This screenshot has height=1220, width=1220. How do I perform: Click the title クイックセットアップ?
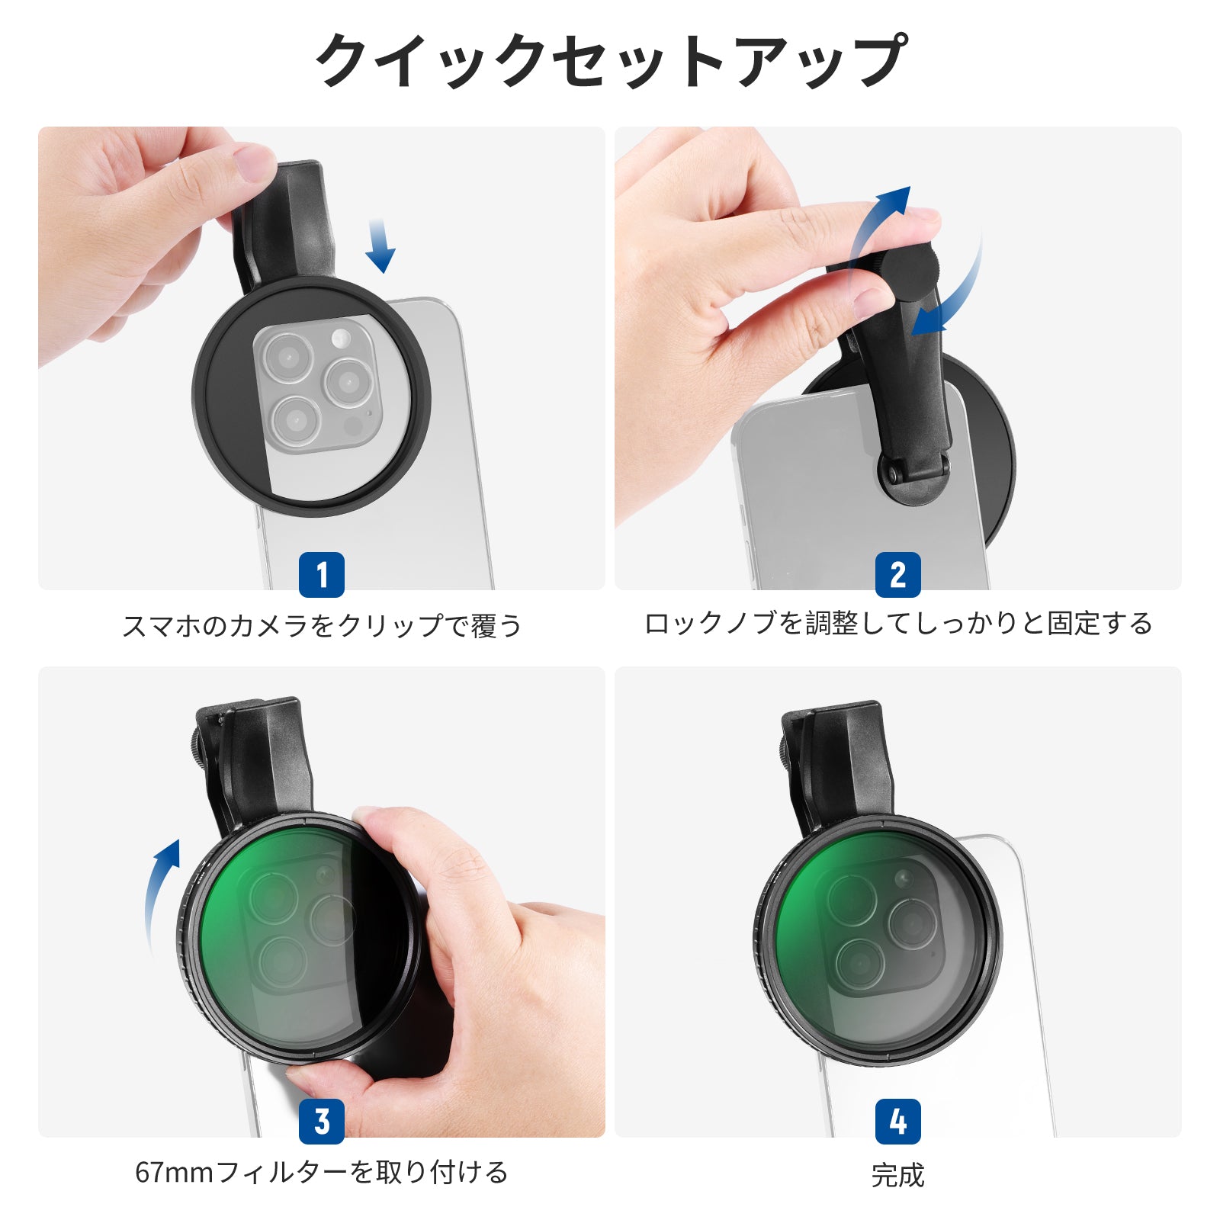click(610, 59)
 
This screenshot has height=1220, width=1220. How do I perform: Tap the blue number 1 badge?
click(321, 574)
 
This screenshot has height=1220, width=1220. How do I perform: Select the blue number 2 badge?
click(897, 574)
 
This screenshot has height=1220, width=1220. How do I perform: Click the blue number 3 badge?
click(321, 1121)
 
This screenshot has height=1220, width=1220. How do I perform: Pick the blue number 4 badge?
click(897, 1121)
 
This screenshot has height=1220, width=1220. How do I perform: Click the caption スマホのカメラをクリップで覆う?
click(322, 625)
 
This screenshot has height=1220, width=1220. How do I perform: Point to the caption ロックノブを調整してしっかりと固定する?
click(897, 624)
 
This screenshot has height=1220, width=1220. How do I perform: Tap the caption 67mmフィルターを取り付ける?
click(321, 1172)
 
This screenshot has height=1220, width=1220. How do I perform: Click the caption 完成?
click(897, 1175)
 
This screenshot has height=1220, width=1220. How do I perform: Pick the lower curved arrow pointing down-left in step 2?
click(953, 294)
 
